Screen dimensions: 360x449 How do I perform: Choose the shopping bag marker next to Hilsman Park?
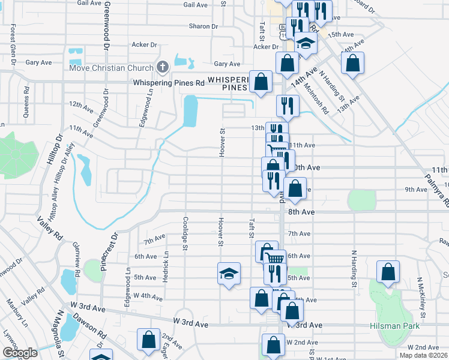[x=388, y=271]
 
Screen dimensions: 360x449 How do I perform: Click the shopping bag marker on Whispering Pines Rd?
[x=261, y=82]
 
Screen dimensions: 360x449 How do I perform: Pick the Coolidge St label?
[x=185, y=235]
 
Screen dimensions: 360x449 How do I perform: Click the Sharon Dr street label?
[x=203, y=26]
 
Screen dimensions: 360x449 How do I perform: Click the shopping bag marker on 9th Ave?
[x=295, y=188]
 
